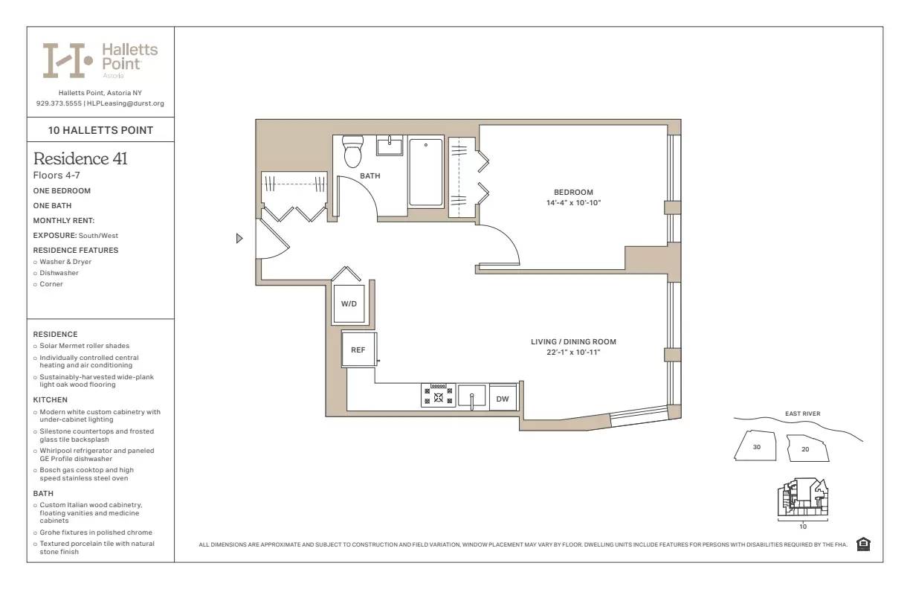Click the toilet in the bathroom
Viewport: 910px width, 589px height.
[352, 152]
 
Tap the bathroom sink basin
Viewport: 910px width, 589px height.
[390, 146]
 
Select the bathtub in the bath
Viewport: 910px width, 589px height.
[426, 172]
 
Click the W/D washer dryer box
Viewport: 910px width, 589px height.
[349, 304]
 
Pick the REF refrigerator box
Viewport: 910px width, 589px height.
[358, 350]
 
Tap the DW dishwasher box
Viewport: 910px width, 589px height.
[503, 399]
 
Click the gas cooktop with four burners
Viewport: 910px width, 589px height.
[438, 395]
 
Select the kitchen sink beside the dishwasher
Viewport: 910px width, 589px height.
[471, 395]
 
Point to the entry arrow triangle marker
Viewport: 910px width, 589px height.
[239, 238]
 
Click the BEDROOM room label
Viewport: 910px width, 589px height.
[572, 192]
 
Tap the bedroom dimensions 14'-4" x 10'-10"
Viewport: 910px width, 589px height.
[572, 202]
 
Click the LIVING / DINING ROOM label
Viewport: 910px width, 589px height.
[573, 342]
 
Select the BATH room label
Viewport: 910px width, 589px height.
[370, 176]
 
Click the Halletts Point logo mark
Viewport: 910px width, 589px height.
[67, 60]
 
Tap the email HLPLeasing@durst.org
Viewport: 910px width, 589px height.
[126, 103]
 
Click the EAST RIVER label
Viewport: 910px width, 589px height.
[802, 413]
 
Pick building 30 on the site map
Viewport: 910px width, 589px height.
[756, 447]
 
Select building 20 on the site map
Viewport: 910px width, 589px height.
[805, 449]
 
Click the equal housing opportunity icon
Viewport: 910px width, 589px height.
[863, 544]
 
